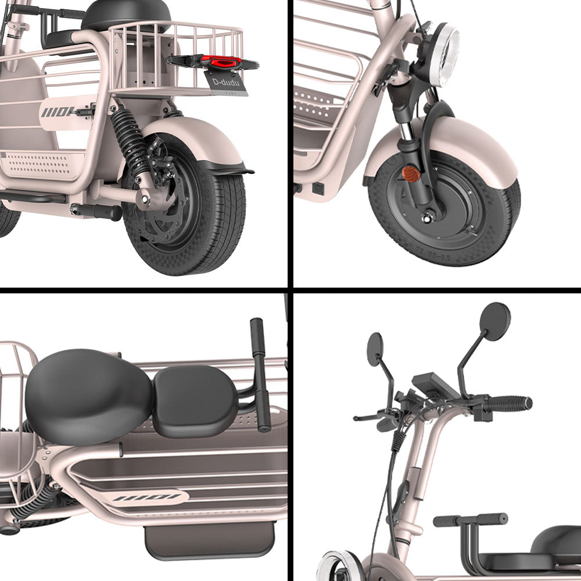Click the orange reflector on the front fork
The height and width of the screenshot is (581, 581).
coord(411,173)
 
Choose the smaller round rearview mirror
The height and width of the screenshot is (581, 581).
coord(375,349)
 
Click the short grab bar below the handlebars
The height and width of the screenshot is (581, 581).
coord(470,519)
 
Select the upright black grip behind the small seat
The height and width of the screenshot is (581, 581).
coord(260,372)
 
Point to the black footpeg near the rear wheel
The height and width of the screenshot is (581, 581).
coord(96,211)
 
